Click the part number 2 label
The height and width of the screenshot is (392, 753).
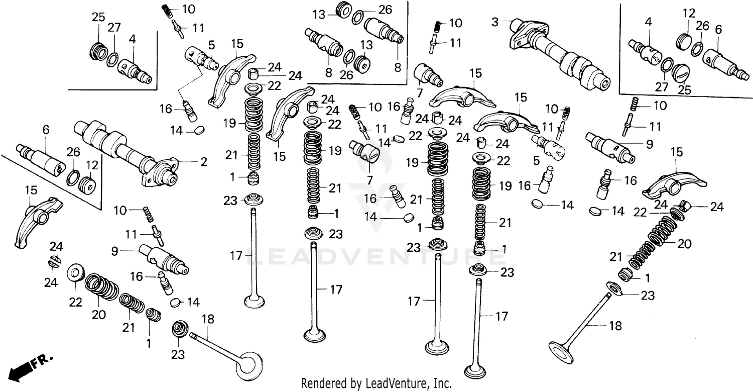[x=204, y=162]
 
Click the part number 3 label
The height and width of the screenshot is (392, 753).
[x=495, y=22]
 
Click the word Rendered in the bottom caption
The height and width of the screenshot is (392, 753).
[x=322, y=383]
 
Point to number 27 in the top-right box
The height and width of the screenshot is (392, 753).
[x=662, y=86]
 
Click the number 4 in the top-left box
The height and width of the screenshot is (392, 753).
[x=132, y=38]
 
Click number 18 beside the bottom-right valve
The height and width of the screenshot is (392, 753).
[x=614, y=326]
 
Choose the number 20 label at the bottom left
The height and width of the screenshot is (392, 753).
[x=98, y=315]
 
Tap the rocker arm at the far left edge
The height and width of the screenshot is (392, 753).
[x=35, y=221]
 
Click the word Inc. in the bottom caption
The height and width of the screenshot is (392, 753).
[x=441, y=383]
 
